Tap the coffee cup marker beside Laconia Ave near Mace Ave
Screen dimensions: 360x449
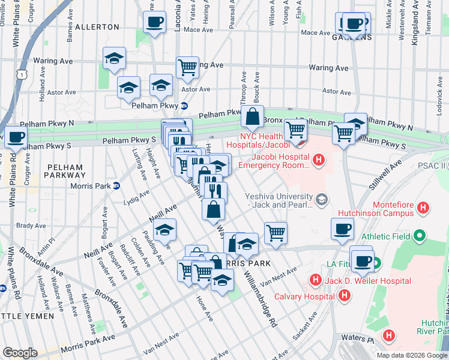154,23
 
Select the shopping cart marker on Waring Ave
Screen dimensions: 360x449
188,67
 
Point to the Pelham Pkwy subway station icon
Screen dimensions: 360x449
185,106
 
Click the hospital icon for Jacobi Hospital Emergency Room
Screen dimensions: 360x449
318,160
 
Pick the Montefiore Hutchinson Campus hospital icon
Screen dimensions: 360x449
424,208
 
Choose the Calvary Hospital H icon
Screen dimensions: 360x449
344,296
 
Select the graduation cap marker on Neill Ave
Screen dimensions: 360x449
164,230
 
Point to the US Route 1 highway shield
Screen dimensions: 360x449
23,74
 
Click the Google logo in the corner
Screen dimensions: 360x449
20,352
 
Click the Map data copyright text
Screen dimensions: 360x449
411,355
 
